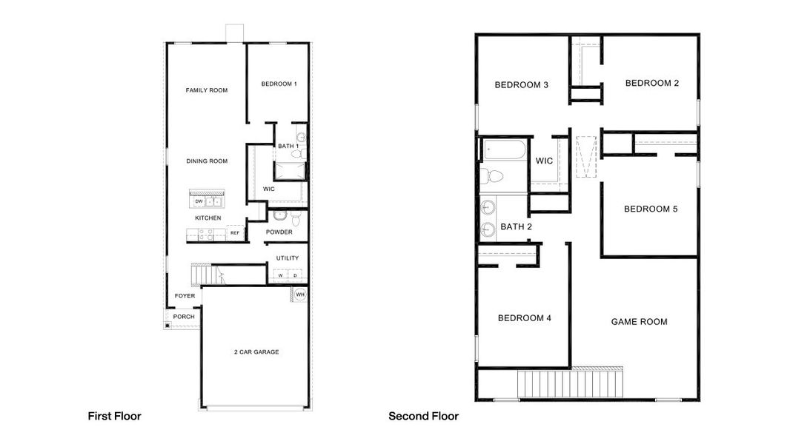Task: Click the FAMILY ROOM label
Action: [x=206, y=90]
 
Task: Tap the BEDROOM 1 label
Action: [x=279, y=84]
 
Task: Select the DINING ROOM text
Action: [x=206, y=161]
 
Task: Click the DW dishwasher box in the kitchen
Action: [x=199, y=201]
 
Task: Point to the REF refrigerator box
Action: [x=235, y=233]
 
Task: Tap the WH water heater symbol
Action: [x=300, y=295]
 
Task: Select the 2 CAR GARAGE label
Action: [x=256, y=352]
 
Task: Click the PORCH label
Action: [x=184, y=317]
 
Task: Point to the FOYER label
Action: [x=185, y=296]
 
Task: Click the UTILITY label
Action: [x=288, y=258]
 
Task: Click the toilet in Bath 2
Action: [x=492, y=176]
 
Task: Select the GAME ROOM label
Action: [x=639, y=322]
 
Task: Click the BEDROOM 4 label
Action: [x=524, y=318]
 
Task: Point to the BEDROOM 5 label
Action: [x=651, y=209]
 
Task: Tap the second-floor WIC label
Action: [x=544, y=161]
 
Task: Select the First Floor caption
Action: [x=114, y=417]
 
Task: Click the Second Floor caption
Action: [x=423, y=417]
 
